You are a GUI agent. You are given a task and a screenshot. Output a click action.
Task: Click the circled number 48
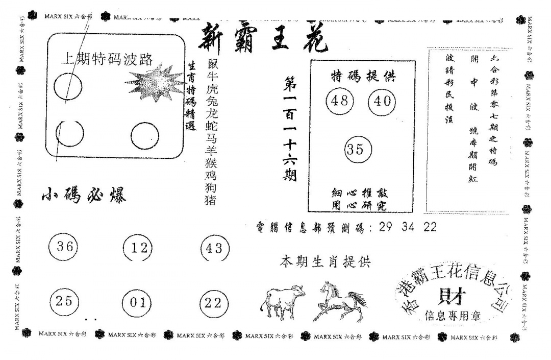pos(339,101)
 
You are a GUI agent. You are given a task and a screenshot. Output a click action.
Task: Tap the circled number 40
pos(382,101)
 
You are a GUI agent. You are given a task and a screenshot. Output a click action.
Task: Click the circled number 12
pos(138,249)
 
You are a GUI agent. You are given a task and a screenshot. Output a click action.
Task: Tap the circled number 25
pos(65,301)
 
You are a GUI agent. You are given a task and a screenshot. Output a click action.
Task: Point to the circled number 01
pos(138,302)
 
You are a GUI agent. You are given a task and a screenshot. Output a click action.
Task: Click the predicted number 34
pos(409,228)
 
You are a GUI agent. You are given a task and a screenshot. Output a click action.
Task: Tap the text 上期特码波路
pos(107,59)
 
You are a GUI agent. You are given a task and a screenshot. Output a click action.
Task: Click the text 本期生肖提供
pos(325,262)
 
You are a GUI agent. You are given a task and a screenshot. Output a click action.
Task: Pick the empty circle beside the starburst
pos(68,85)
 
